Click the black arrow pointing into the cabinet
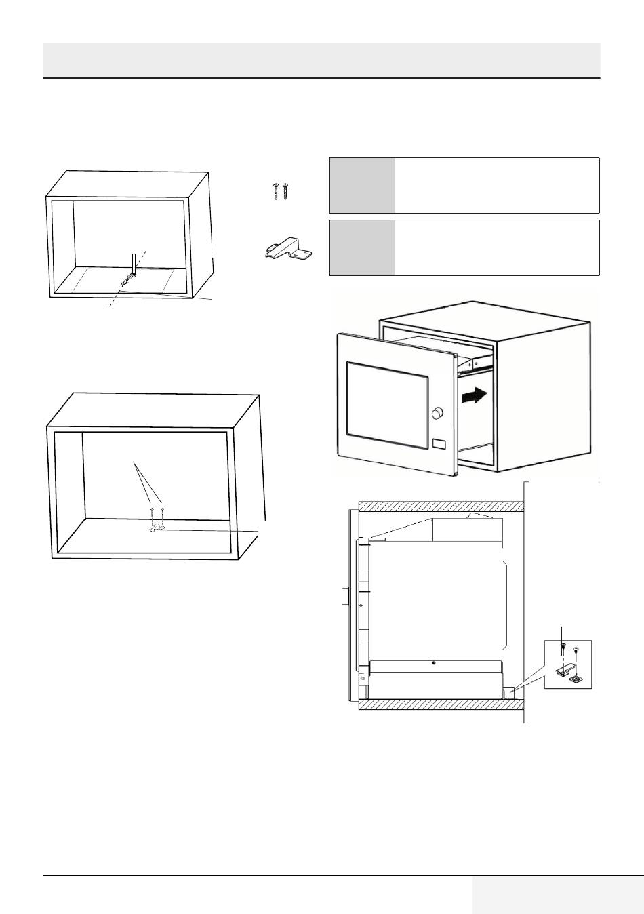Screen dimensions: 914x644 click(x=474, y=396)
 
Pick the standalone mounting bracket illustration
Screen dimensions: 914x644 click(x=287, y=249)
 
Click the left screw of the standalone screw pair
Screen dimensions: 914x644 click(x=277, y=191)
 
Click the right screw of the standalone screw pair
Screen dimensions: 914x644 click(x=285, y=191)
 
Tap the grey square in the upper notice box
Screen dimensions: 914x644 click(x=362, y=185)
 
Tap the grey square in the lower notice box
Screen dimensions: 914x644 click(x=362, y=247)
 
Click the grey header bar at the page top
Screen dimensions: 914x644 click(x=322, y=60)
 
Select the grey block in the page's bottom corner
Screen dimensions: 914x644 click(x=557, y=894)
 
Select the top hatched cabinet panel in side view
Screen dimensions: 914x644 click(x=441, y=506)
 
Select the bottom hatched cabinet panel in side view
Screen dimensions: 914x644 click(x=441, y=705)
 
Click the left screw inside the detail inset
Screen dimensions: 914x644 click(x=563, y=649)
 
